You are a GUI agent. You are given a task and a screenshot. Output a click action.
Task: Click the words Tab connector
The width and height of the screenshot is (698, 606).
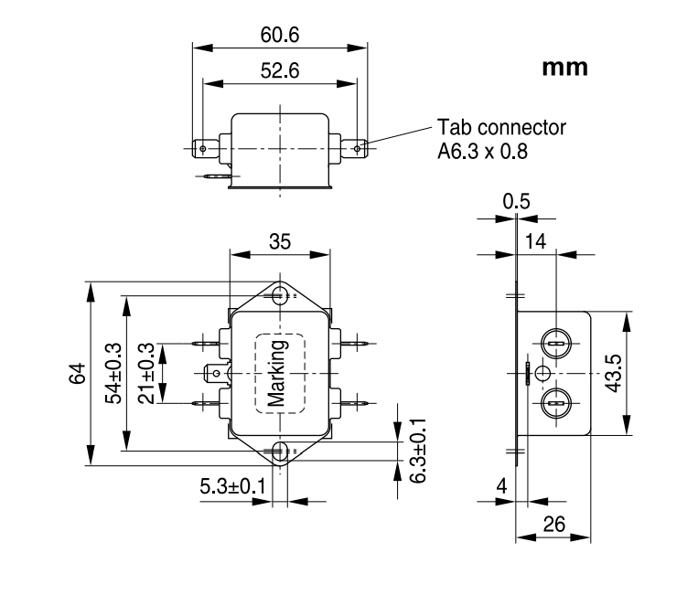point(501,128)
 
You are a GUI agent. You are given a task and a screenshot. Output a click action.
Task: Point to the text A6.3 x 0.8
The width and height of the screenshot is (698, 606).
point(483,151)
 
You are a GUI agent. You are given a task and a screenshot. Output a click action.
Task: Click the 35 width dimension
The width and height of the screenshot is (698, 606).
point(280,242)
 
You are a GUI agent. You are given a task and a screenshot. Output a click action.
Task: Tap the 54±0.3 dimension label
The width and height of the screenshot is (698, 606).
point(113,374)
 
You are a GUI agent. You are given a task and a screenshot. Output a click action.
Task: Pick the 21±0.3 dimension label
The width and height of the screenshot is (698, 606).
point(146,374)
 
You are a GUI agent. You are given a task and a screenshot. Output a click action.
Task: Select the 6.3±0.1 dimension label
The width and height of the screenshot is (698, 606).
point(417,452)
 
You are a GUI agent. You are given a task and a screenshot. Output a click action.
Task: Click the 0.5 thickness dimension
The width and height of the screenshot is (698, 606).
point(517,202)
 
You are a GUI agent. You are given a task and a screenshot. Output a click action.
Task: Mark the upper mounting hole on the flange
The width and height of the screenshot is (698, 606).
point(280,295)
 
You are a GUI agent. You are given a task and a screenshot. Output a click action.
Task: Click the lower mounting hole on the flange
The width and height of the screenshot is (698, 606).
point(280,451)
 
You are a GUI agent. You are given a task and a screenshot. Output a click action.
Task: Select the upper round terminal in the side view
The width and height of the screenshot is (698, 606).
point(556,344)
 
